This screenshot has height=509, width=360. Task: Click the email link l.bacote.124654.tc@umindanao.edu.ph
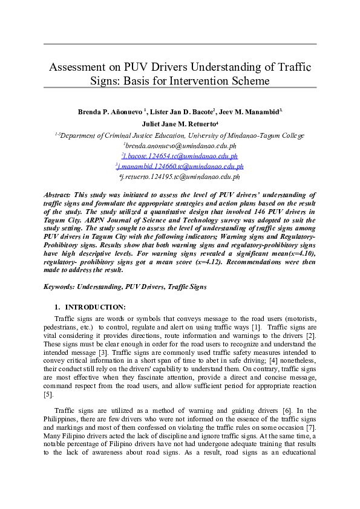(x=180, y=156)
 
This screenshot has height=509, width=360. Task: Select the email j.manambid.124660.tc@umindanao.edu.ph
(x=180, y=166)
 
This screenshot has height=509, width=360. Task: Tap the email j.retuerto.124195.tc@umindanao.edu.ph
(x=180, y=177)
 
